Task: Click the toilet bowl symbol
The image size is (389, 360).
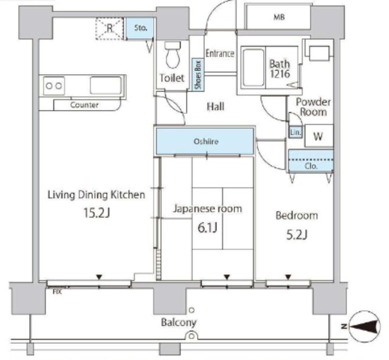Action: point(173,55)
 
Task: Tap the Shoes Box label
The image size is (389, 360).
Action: point(198,75)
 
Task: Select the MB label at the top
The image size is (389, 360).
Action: point(279,17)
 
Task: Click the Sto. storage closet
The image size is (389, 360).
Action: point(140,28)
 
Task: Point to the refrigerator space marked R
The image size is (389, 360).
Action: point(109,29)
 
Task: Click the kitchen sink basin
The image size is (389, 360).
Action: point(106,86)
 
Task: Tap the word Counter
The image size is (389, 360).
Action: point(84,105)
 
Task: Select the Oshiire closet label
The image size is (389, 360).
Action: point(206,142)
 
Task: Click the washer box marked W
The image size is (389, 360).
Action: point(319,136)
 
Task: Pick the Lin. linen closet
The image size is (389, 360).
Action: point(295,133)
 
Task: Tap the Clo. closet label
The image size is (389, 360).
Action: point(311,166)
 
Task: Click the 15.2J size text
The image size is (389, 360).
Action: point(97,213)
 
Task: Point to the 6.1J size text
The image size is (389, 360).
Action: point(207,227)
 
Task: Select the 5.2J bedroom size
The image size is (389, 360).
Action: point(297,235)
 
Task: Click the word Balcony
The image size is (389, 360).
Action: point(179,322)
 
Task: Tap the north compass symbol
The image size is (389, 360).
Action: point(365,326)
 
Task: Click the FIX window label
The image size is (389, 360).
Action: point(57,292)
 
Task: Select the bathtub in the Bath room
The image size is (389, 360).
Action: point(253,67)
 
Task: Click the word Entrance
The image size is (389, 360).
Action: point(220,54)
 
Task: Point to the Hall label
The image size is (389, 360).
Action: point(216,106)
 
